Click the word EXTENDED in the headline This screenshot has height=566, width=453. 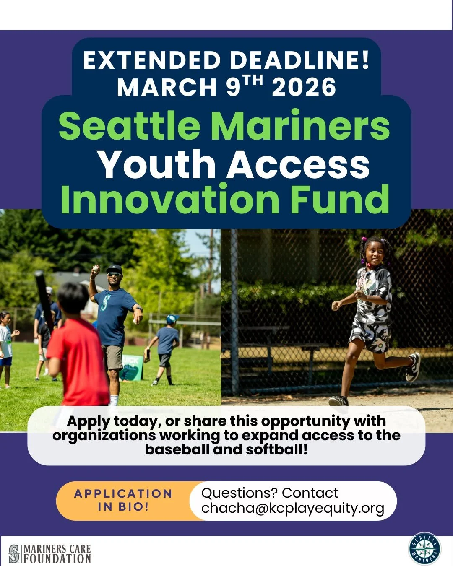152,60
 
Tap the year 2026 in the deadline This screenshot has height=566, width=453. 304,87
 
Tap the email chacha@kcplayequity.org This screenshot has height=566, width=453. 293,508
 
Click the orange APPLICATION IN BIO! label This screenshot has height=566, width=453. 123,500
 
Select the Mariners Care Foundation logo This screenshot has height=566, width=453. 50,553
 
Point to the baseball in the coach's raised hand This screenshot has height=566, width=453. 96,268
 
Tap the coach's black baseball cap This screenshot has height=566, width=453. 114,269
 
